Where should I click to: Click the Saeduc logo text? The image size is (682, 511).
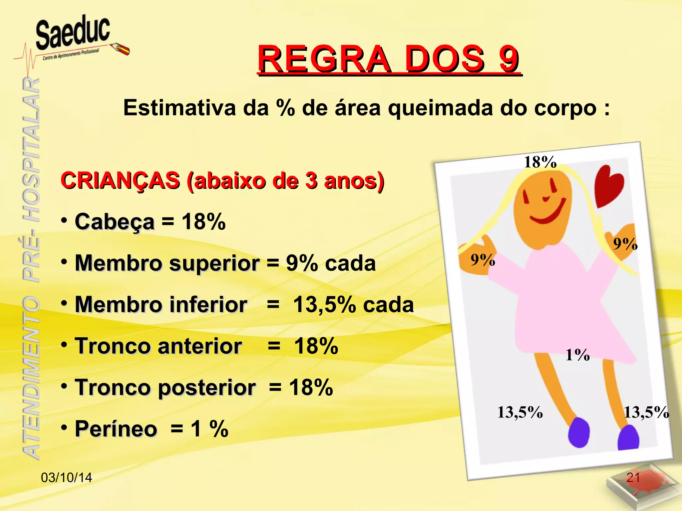[x=73, y=33]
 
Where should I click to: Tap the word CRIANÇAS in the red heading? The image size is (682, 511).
[x=120, y=181]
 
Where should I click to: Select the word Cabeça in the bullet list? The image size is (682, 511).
[x=115, y=222]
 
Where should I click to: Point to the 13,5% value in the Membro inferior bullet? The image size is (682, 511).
[x=324, y=305]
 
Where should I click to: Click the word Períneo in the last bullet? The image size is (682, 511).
[x=116, y=428]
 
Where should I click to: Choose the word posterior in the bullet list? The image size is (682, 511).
[x=206, y=388]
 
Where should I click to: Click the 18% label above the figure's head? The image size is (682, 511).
[x=540, y=162]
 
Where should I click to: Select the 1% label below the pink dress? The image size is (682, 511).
[x=577, y=355]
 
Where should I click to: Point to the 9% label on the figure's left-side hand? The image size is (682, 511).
[x=483, y=259]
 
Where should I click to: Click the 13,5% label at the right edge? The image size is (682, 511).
[x=646, y=413]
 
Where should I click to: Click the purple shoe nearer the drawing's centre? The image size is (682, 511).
[x=578, y=432]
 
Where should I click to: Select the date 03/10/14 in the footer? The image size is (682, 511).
[x=66, y=478]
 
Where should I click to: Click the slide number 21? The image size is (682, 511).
[x=633, y=478]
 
